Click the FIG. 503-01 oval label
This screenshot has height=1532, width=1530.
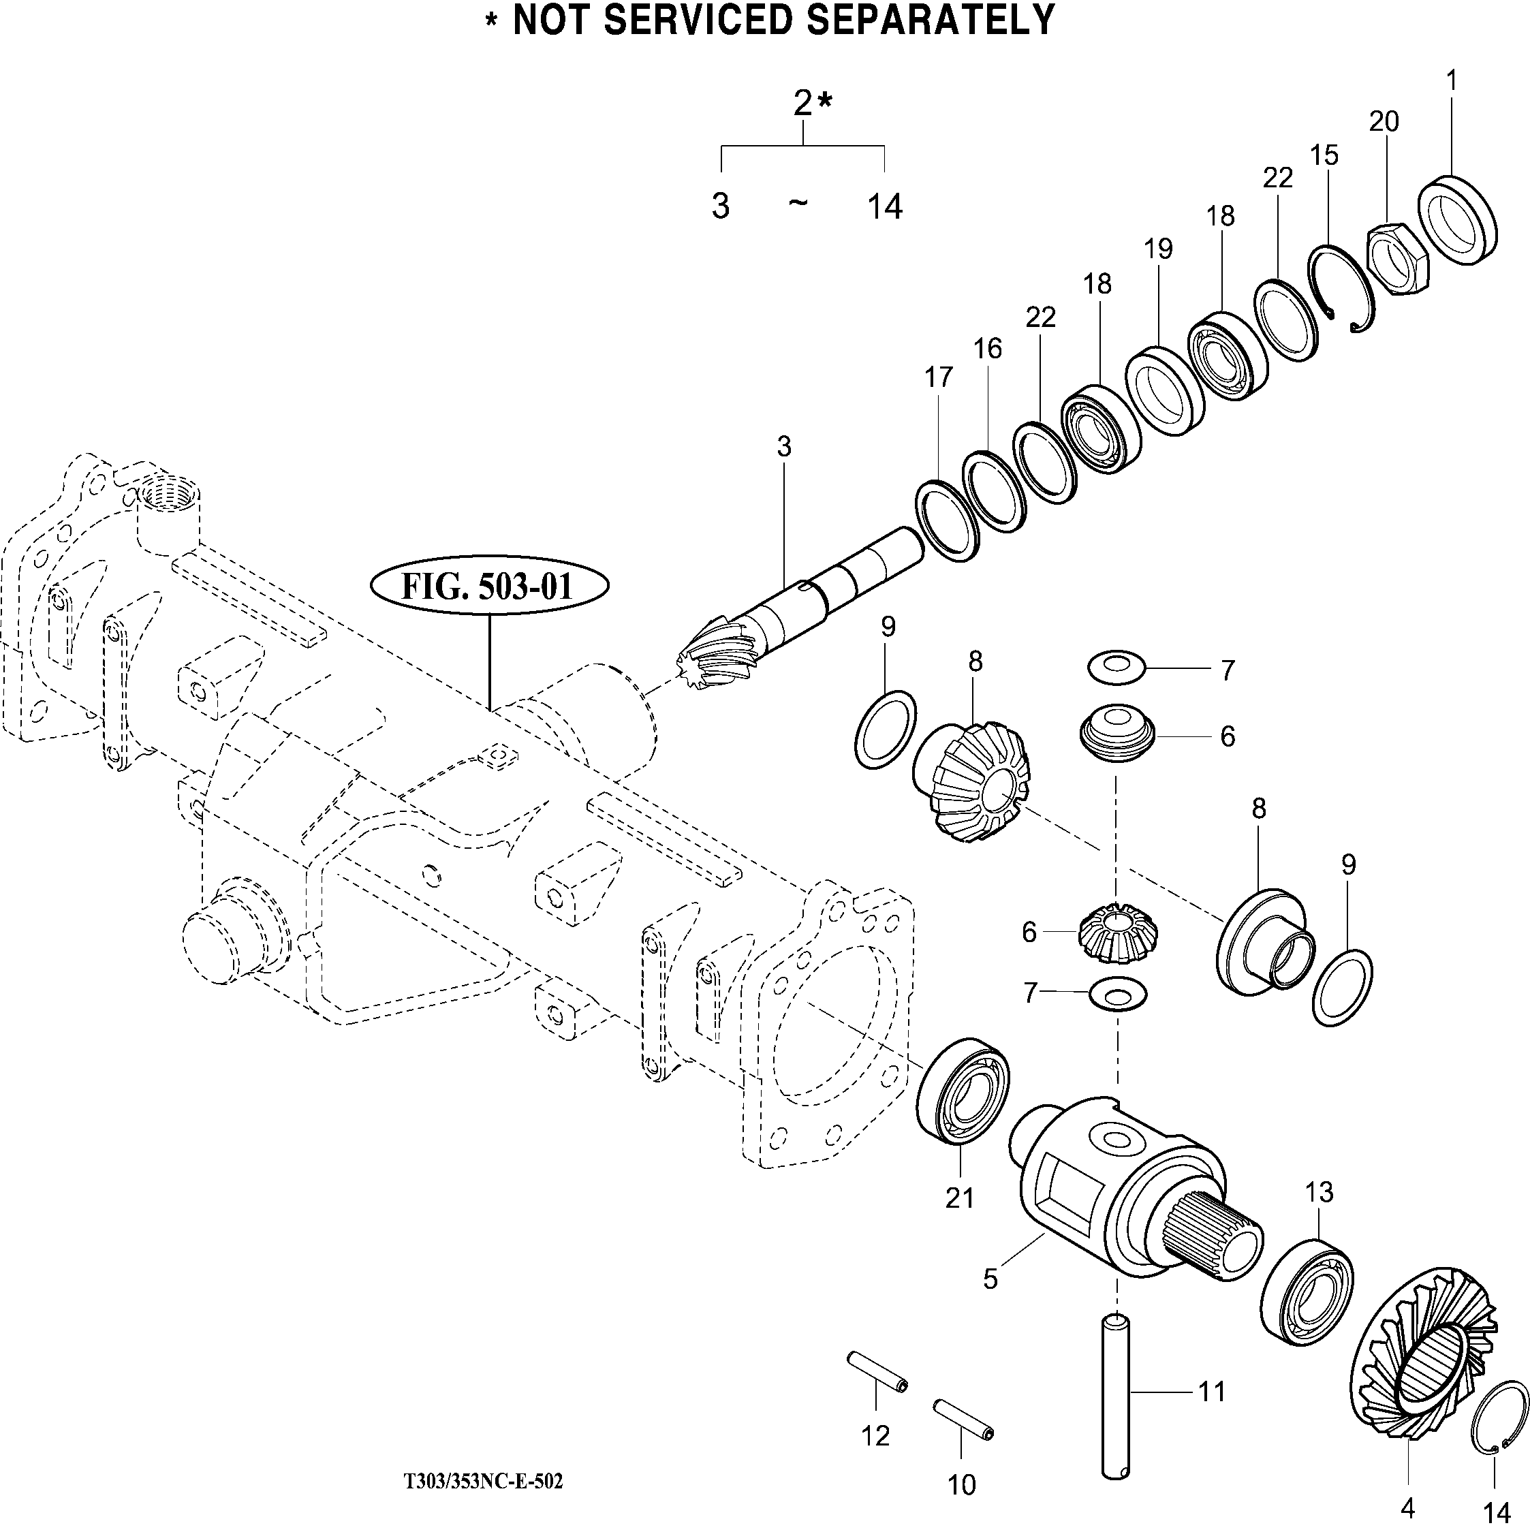pos(488,587)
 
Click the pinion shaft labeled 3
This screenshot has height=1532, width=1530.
pos(801,603)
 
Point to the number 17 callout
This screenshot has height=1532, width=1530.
pos(937,378)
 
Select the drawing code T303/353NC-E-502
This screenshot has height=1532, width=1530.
pos(483,1481)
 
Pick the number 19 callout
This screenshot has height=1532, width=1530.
pos(1158,249)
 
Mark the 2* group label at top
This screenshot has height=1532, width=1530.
pos(812,103)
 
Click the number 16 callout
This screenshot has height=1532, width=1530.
pos(988,349)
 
